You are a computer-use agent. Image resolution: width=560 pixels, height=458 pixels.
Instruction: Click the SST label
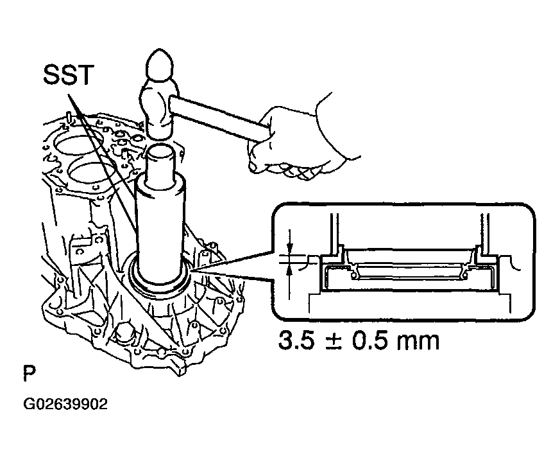click(68, 75)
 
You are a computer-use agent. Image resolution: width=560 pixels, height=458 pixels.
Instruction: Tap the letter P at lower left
click(30, 373)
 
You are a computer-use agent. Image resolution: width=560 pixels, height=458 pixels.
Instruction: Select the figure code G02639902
click(65, 404)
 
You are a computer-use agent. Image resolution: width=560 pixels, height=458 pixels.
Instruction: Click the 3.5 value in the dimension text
click(297, 340)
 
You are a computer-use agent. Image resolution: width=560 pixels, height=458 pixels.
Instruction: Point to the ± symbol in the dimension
click(333, 342)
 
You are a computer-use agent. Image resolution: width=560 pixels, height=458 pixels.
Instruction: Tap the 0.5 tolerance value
click(369, 340)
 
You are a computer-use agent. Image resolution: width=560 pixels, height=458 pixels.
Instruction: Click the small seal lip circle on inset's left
click(354, 276)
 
